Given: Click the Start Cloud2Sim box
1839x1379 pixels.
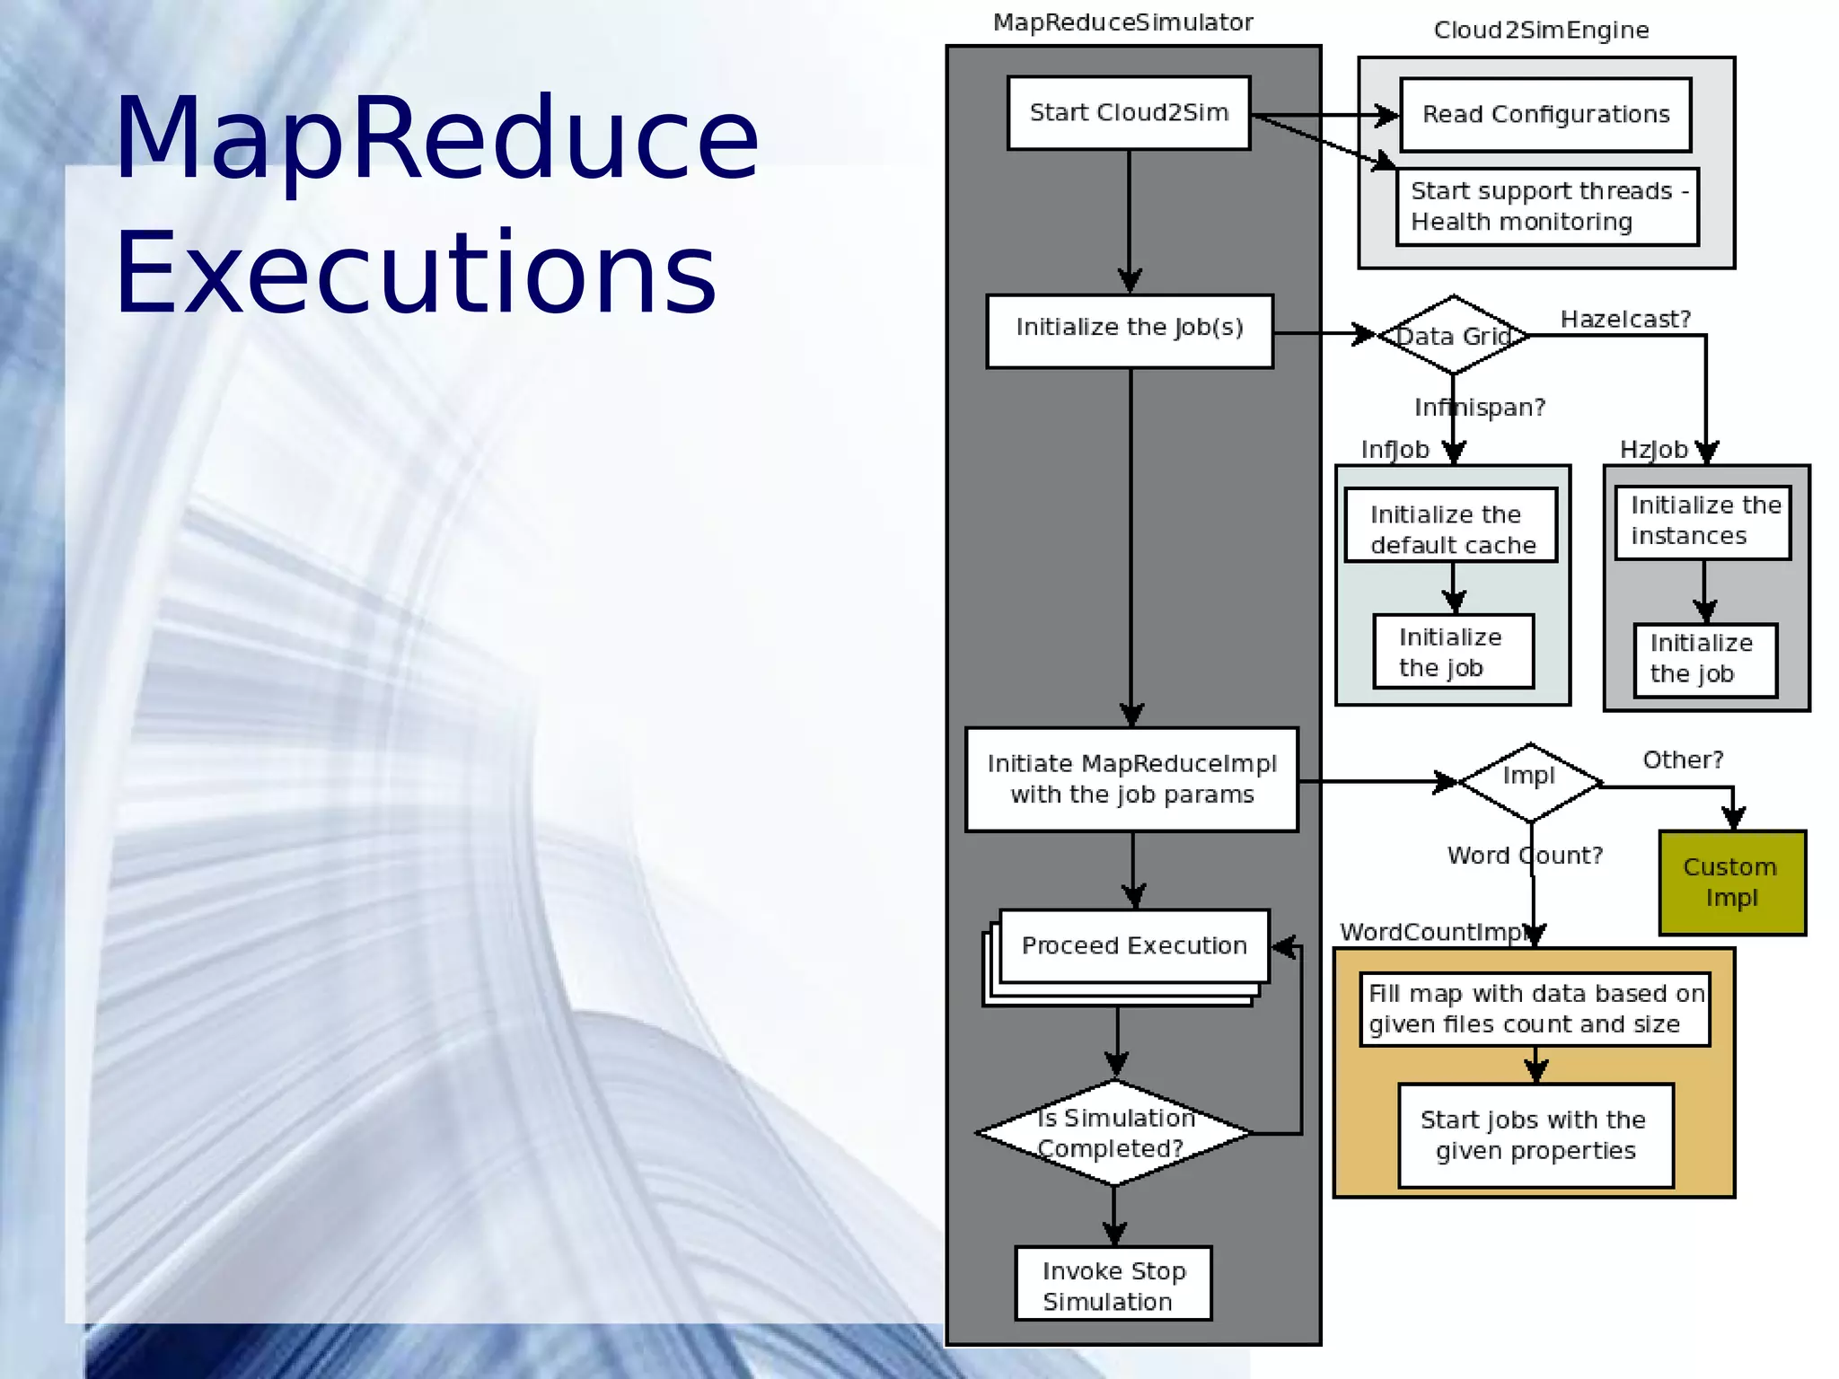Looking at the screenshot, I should (x=1129, y=113).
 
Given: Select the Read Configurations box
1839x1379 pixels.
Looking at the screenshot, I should (x=1545, y=115).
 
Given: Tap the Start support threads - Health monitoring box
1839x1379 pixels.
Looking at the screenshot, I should (x=1547, y=206).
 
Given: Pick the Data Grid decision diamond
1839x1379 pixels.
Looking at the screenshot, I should (x=1453, y=336).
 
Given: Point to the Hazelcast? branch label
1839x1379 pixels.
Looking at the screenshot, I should (x=1625, y=320).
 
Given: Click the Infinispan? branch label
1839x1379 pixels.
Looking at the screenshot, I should (x=1480, y=408).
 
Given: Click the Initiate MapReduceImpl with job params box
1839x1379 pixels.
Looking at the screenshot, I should (x=1131, y=779).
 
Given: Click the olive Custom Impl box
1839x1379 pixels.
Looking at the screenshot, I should (x=1731, y=883).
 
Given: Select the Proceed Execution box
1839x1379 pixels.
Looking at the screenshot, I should (x=1134, y=946).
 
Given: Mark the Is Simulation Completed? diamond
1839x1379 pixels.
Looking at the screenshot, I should (x=1114, y=1133).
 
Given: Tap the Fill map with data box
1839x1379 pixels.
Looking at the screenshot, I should (x=1535, y=1009).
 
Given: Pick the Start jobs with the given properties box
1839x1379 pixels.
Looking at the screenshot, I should (x=1535, y=1136).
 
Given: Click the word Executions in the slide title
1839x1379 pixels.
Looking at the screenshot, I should (x=416, y=273).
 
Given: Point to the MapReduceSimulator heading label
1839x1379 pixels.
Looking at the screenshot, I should (x=1122, y=22).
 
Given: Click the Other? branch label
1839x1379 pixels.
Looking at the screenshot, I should (x=1683, y=760).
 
